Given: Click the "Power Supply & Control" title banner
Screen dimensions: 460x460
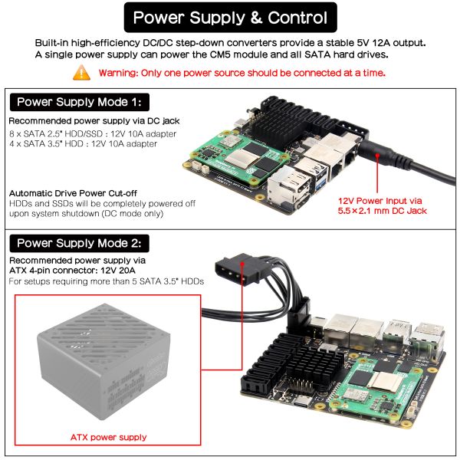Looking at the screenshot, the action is tap(230, 18).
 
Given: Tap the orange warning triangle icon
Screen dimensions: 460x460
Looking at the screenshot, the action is tap(81, 73).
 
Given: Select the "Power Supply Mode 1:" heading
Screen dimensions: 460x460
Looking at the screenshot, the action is tap(80, 102).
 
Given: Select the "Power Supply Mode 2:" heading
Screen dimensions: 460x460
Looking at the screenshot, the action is tap(80, 243).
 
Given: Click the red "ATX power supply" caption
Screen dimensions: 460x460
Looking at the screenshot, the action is tap(109, 437).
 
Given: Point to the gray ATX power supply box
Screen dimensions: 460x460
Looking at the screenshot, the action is tap(103, 361).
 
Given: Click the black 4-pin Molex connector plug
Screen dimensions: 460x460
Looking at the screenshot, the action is tap(238, 269).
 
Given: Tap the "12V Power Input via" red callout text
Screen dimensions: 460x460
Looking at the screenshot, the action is tap(380, 201).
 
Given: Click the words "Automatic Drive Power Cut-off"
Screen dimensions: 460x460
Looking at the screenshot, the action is tap(73, 193).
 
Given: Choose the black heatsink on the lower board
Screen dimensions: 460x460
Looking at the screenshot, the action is tap(313, 366).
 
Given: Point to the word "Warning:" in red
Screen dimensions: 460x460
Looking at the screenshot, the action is tap(118, 73).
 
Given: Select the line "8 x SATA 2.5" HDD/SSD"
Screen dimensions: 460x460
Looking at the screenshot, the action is tap(56, 133).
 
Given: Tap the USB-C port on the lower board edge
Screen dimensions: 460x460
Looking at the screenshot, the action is tap(302, 402).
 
